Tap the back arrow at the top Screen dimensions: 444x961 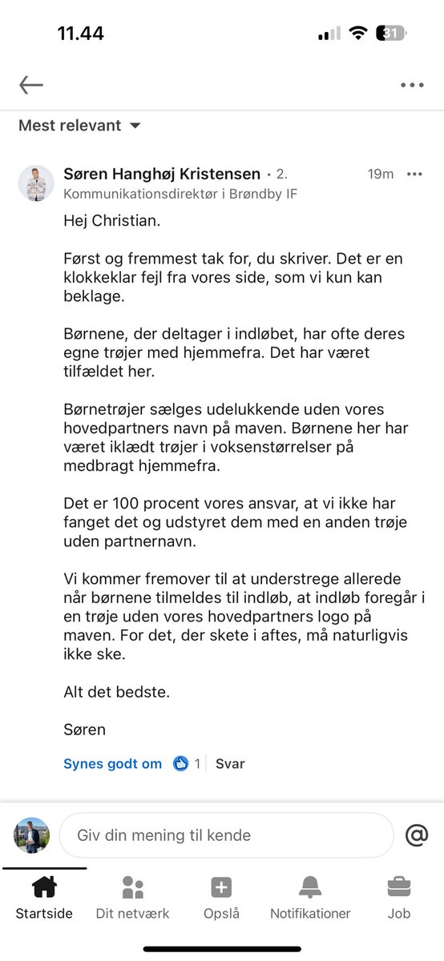tap(31, 85)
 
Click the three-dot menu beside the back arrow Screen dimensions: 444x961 tap(412, 85)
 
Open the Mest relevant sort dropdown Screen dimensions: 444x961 tap(79, 126)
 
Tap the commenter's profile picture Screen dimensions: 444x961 tap(36, 184)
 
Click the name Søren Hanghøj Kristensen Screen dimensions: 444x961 tap(162, 174)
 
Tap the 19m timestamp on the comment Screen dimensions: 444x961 tap(380, 174)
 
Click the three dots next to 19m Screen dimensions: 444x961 tap(414, 174)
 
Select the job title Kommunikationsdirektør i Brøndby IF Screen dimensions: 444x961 tap(180, 194)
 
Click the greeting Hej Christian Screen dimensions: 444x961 tap(111, 220)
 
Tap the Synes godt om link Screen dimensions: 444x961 tap(112, 764)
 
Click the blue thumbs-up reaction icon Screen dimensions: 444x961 tap(180, 764)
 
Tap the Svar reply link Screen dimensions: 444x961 tap(230, 764)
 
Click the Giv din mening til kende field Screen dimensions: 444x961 tap(227, 835)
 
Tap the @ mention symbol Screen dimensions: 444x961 tap(417, 835)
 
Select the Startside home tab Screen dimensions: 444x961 tap(44, 896)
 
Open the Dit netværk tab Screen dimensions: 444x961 tap(132, 896)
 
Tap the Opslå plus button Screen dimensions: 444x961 tap(221, 888)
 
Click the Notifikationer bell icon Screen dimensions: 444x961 tap(310, 888)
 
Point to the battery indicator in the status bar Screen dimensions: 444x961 tap(392, 34)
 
